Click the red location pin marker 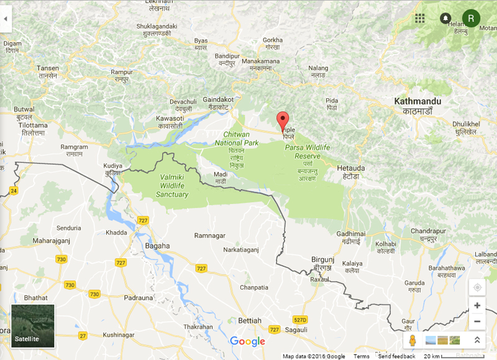click(283, 121)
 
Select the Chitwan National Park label click(236, 138)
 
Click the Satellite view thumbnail click(32, 326)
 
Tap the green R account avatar click(471, 19)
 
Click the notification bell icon click(445, 19)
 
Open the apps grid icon click(420, 19)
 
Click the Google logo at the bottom click(247, 341)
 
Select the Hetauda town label click(350, 168)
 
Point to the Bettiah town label click(249, 320)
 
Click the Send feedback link click(396, 356)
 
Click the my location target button click(477, 287)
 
